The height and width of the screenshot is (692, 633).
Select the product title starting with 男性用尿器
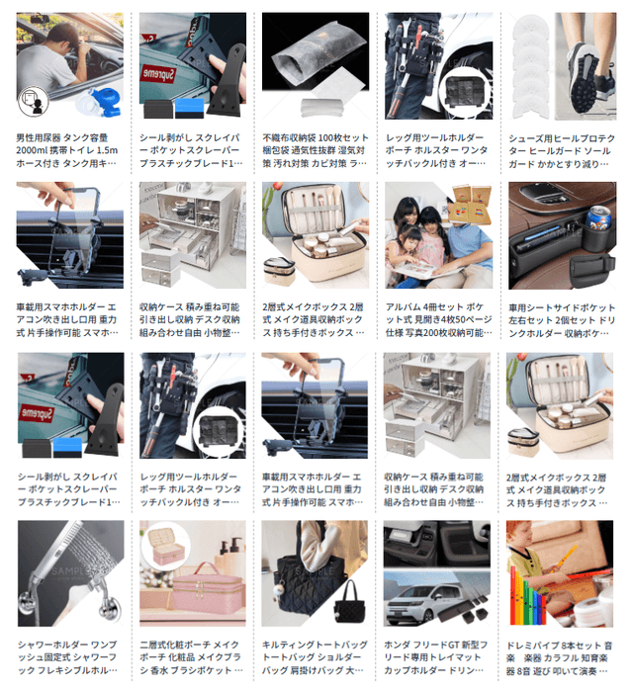point(69,150)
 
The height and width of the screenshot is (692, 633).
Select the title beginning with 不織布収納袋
point(315,150)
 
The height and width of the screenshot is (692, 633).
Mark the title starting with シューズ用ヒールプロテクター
point(560,150)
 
